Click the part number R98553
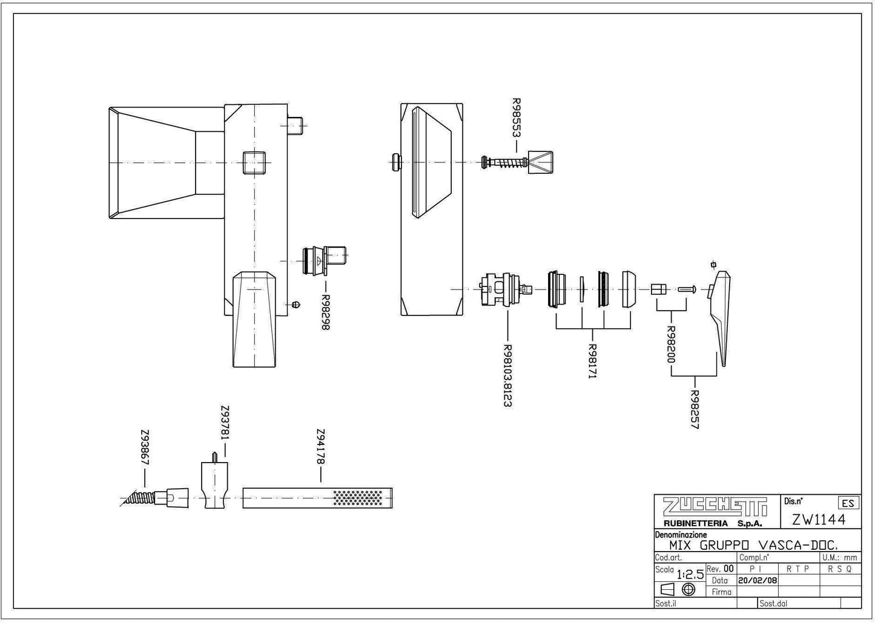tap(517, 117)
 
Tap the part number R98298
tap(325, 312)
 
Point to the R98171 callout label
tap(593, 362)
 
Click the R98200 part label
tap(670, 345)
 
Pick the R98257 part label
tap(695, 409)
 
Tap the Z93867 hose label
tap(145, 448)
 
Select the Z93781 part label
tap(225, 423)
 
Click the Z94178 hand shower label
tap(320, 447)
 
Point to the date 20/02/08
tap(757, 580)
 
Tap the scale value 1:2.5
tap(690, 574)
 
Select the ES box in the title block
tap(848, 503)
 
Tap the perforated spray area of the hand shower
tap(358, 498)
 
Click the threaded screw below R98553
tap(504, 162)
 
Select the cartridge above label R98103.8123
tap(502, 290)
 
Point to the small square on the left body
tap(251, 162)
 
